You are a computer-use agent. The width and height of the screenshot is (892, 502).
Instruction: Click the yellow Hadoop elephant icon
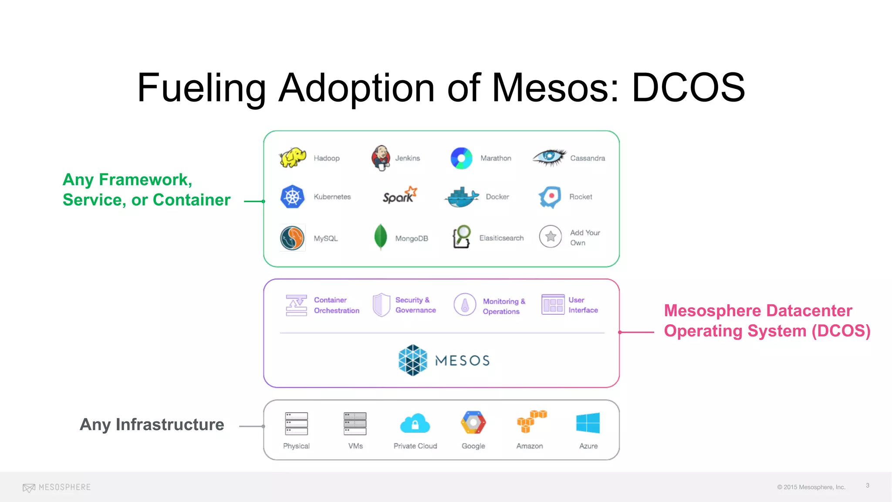293,157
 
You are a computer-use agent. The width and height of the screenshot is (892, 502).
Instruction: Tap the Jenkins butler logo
381,158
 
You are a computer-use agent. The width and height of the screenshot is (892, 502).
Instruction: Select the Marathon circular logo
461,158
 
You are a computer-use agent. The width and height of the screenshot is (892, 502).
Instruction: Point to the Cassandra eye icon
549,157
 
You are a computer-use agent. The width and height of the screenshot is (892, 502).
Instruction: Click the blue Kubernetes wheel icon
292,197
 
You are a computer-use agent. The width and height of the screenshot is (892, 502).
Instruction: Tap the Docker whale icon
462,197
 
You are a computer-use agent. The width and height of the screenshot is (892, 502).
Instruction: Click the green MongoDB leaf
381,237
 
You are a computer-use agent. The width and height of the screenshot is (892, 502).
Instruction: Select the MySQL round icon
292,238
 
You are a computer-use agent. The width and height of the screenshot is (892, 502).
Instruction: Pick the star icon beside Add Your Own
551,237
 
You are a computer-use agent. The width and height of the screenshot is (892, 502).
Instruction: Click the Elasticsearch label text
501,238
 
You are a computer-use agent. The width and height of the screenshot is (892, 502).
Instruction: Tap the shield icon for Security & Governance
382,305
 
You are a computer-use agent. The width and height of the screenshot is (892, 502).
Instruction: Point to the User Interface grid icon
553,304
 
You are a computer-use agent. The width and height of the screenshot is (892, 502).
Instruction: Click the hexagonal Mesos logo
413,360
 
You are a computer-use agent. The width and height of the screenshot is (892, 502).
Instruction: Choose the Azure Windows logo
588,423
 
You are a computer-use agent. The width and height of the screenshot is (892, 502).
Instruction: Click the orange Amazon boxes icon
531,421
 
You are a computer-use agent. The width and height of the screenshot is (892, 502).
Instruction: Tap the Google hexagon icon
473,422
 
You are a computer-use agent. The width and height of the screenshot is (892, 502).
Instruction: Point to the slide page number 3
868,485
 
